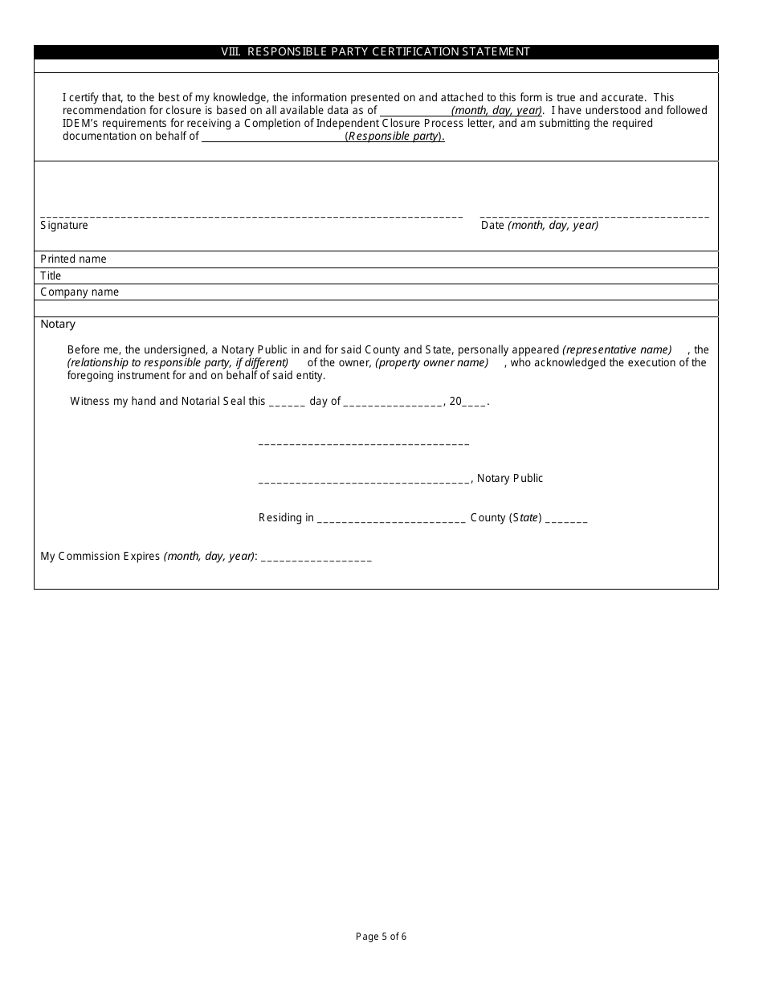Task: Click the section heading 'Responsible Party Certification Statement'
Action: (x=376, y=51)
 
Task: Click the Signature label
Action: (x=64, y=226)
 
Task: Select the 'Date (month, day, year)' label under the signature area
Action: (x=540, y=226)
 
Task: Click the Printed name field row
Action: (x=376, y=259)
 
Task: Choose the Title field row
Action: (x=376, y=276)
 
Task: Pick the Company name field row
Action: (x=376, y=292)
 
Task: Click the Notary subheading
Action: (x=58, y=325)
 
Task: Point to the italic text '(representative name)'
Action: (x=617, y=350)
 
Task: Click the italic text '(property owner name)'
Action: (x=432, y=363)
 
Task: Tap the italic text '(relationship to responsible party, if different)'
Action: (x=177, y=363)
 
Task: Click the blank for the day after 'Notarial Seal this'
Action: (x=287, y=402)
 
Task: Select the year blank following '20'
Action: (x=475, y=402)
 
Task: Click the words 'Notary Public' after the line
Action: (x=510, y=479)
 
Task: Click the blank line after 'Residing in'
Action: (x=391, y=519)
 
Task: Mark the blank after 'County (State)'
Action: (x=566, y=519)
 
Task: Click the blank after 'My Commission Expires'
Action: (x=316, y=557)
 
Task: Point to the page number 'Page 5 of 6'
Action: (x=381, y=936)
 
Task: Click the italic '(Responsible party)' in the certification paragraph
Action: (x=394, y=137)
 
